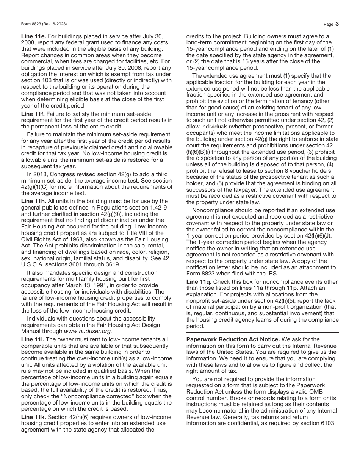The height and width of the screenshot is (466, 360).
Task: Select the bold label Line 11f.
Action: tap(32, 114)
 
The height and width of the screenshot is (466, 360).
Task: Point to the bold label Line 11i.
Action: tap(32, 339)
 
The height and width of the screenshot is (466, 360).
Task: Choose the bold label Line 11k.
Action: tap(33, 417)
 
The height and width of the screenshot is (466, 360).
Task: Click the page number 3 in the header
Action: tap(337, 24)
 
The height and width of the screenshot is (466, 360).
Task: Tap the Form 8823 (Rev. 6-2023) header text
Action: tap(44, 24)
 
